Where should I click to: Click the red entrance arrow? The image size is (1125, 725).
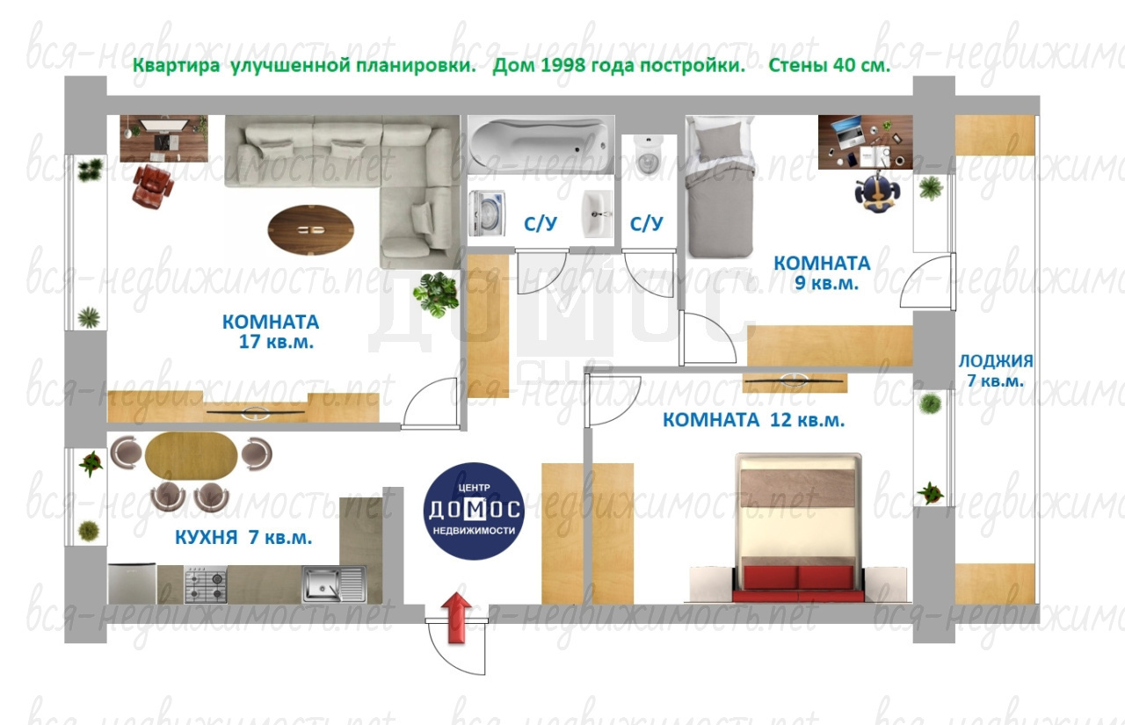(x=456, y=618)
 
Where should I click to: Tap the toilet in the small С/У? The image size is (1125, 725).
(x=649, y=154)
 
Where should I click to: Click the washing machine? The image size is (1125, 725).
(x=487, y=214)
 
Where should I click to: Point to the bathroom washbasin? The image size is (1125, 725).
(x=597, y=214)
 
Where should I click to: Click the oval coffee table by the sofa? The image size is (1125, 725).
(x=311, y=230)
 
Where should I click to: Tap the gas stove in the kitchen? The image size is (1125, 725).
(x=206, y=584)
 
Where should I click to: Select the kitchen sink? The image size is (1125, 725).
(x=334, y=584)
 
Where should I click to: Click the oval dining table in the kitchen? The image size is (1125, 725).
(x=191, y=457)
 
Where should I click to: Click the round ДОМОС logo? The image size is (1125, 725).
(x=474, y=511)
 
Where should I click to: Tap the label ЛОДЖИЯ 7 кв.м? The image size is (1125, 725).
(x=996, y=371)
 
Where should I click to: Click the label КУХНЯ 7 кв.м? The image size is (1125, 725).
(x=243, y=537)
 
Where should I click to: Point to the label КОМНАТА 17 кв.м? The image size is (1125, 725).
(x=271, y=331)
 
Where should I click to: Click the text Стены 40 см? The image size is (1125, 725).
(x=829, y=65)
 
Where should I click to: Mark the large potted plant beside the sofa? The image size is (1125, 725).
(x=436, y=294)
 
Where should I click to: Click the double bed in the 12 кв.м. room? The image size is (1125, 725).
(x=798, y=527)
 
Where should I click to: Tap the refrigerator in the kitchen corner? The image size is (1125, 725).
(x=132, y=584)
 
